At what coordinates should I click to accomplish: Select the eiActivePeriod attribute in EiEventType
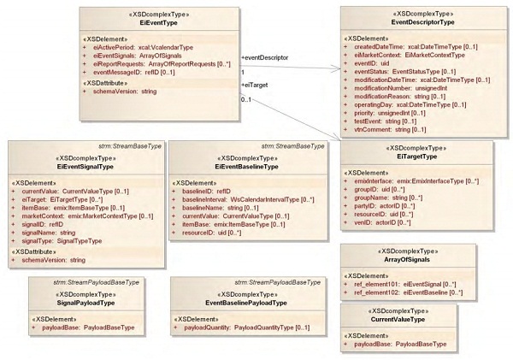[141, 47]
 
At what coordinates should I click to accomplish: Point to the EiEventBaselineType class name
[246, 167]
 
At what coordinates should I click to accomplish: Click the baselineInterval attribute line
[243, 199]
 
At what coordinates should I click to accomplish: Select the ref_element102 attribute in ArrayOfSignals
[406, 292]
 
